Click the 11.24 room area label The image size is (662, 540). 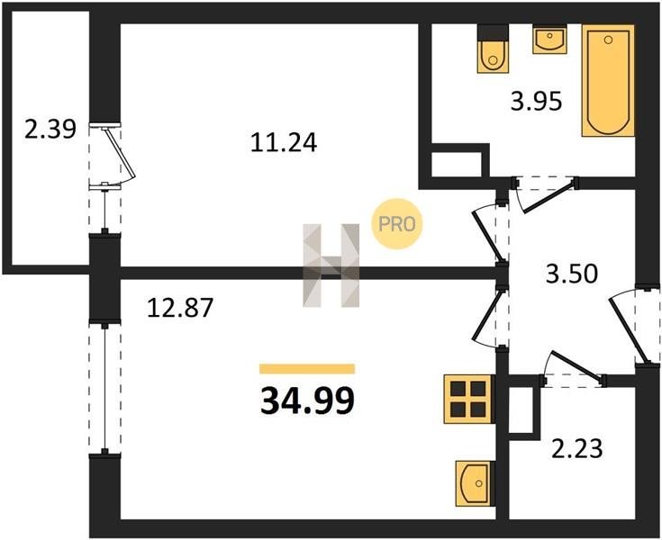(x=284, y=142)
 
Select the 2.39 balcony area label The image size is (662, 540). (x=46, y=130)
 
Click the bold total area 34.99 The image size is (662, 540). (x=307, y=400)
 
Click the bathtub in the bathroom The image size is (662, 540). (x=609, y=80)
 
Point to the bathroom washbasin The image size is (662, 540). (x=549, y=40)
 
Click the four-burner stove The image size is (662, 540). (x=467, y=397)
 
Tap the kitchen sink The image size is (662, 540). (x=475, y=482)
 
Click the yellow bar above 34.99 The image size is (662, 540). (x=307, y=369)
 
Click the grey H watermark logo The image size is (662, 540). (x=330, y=263)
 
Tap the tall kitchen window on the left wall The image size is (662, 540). (x=106, y=388)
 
